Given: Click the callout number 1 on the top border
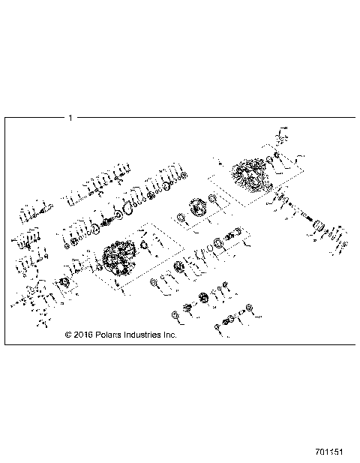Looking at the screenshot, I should coord(70,117).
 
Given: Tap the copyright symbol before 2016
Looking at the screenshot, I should coord(68,335).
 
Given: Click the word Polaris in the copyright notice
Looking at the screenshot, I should coord(109,335).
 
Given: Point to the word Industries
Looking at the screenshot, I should coord(144,335).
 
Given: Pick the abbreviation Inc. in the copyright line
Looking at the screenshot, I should coord(170,335).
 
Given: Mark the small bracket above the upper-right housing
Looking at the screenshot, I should coord(281,137).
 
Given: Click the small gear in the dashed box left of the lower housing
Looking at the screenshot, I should coord(65,283).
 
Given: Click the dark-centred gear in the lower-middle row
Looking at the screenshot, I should coord(179,269).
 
